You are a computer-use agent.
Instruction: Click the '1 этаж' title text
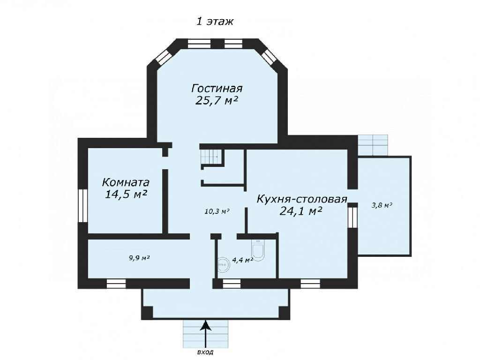click(x=215, y=22)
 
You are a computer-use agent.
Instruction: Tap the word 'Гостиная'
click(x=217, y=88)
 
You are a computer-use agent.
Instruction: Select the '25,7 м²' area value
click(x=217, y=100)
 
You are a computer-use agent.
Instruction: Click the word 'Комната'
click(x=126, y=182)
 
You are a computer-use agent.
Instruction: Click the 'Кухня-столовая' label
click(x=302, y=199)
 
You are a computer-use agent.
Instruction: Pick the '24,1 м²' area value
click(x=301, y=211)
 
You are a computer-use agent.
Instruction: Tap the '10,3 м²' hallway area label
click(x=217, y=211)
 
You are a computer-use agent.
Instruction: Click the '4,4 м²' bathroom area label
click(x=242, y=260)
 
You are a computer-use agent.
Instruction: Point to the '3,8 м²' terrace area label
click(x=382, y=205)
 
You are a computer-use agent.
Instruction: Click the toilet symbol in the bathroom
click(x=258, y=250)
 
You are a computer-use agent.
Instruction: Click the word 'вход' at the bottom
click(x=205, y=352)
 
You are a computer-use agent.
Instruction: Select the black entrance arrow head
click(x=206, y=325)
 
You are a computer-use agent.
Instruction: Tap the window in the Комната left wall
click(x=82, y=206)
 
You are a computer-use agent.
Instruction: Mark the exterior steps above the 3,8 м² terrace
click(x=373, y=145)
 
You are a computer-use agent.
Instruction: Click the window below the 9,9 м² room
click(x=116, y=284)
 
